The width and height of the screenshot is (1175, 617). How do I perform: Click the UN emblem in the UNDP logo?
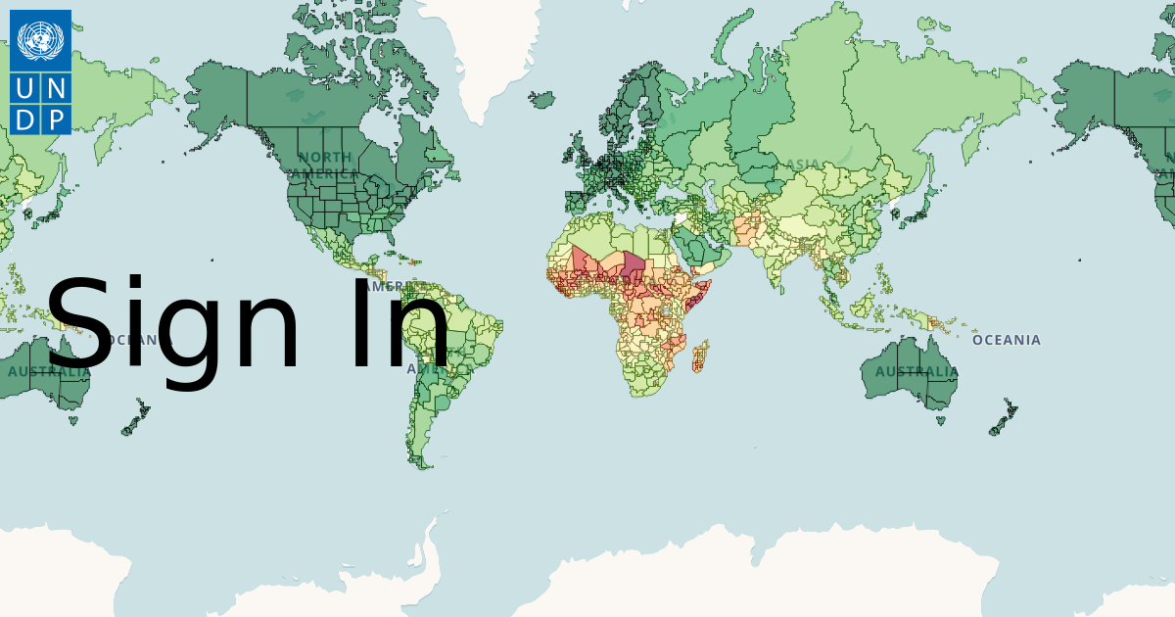tap(40, 40)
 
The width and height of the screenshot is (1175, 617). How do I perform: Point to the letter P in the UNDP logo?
tap(56, 119)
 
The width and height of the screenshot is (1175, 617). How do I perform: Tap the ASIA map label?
tap(803, 165)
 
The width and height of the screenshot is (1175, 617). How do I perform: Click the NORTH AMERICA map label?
tap(325, 166)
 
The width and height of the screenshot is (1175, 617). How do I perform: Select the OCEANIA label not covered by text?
tap(1006, 340)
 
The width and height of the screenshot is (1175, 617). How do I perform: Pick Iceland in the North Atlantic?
tap(541, 99)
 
